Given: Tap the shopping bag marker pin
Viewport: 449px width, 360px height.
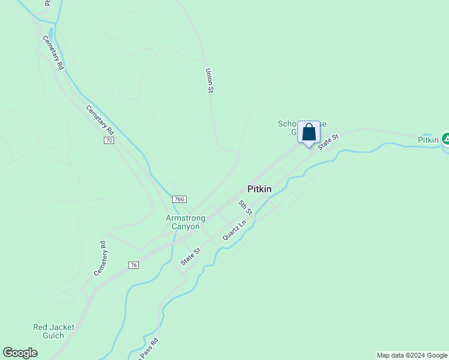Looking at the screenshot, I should (x=309, y=133).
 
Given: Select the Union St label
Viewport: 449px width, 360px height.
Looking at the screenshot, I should (x=209, y=80).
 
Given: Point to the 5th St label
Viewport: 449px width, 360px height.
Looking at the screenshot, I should (x=244, y=208).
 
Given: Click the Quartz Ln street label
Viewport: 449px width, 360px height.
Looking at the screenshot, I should (x=234, y=230).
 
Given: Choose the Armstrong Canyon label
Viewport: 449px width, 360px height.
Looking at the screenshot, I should (x=185, y=222).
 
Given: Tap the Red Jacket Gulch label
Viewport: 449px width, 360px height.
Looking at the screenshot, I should (x=53, y=331).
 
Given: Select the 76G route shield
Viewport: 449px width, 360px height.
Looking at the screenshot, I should (x=179, y=199).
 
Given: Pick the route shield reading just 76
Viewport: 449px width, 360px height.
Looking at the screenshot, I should (x=133, y=265).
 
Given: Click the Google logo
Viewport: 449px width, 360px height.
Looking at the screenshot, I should (x=20, y=353).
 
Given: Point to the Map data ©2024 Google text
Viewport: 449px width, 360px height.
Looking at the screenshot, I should (x=412, y=355).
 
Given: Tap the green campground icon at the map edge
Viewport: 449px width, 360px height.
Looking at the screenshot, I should (x=445, y=139).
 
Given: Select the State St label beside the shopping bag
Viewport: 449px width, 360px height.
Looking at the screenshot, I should (x=328, y=142).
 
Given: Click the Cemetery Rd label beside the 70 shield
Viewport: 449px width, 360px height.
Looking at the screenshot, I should (x=100, y=119).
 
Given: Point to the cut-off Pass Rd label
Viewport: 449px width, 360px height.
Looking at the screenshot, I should (x=147, y=349).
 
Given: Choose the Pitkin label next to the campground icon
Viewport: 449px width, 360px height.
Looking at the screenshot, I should (x=429, y=140).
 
